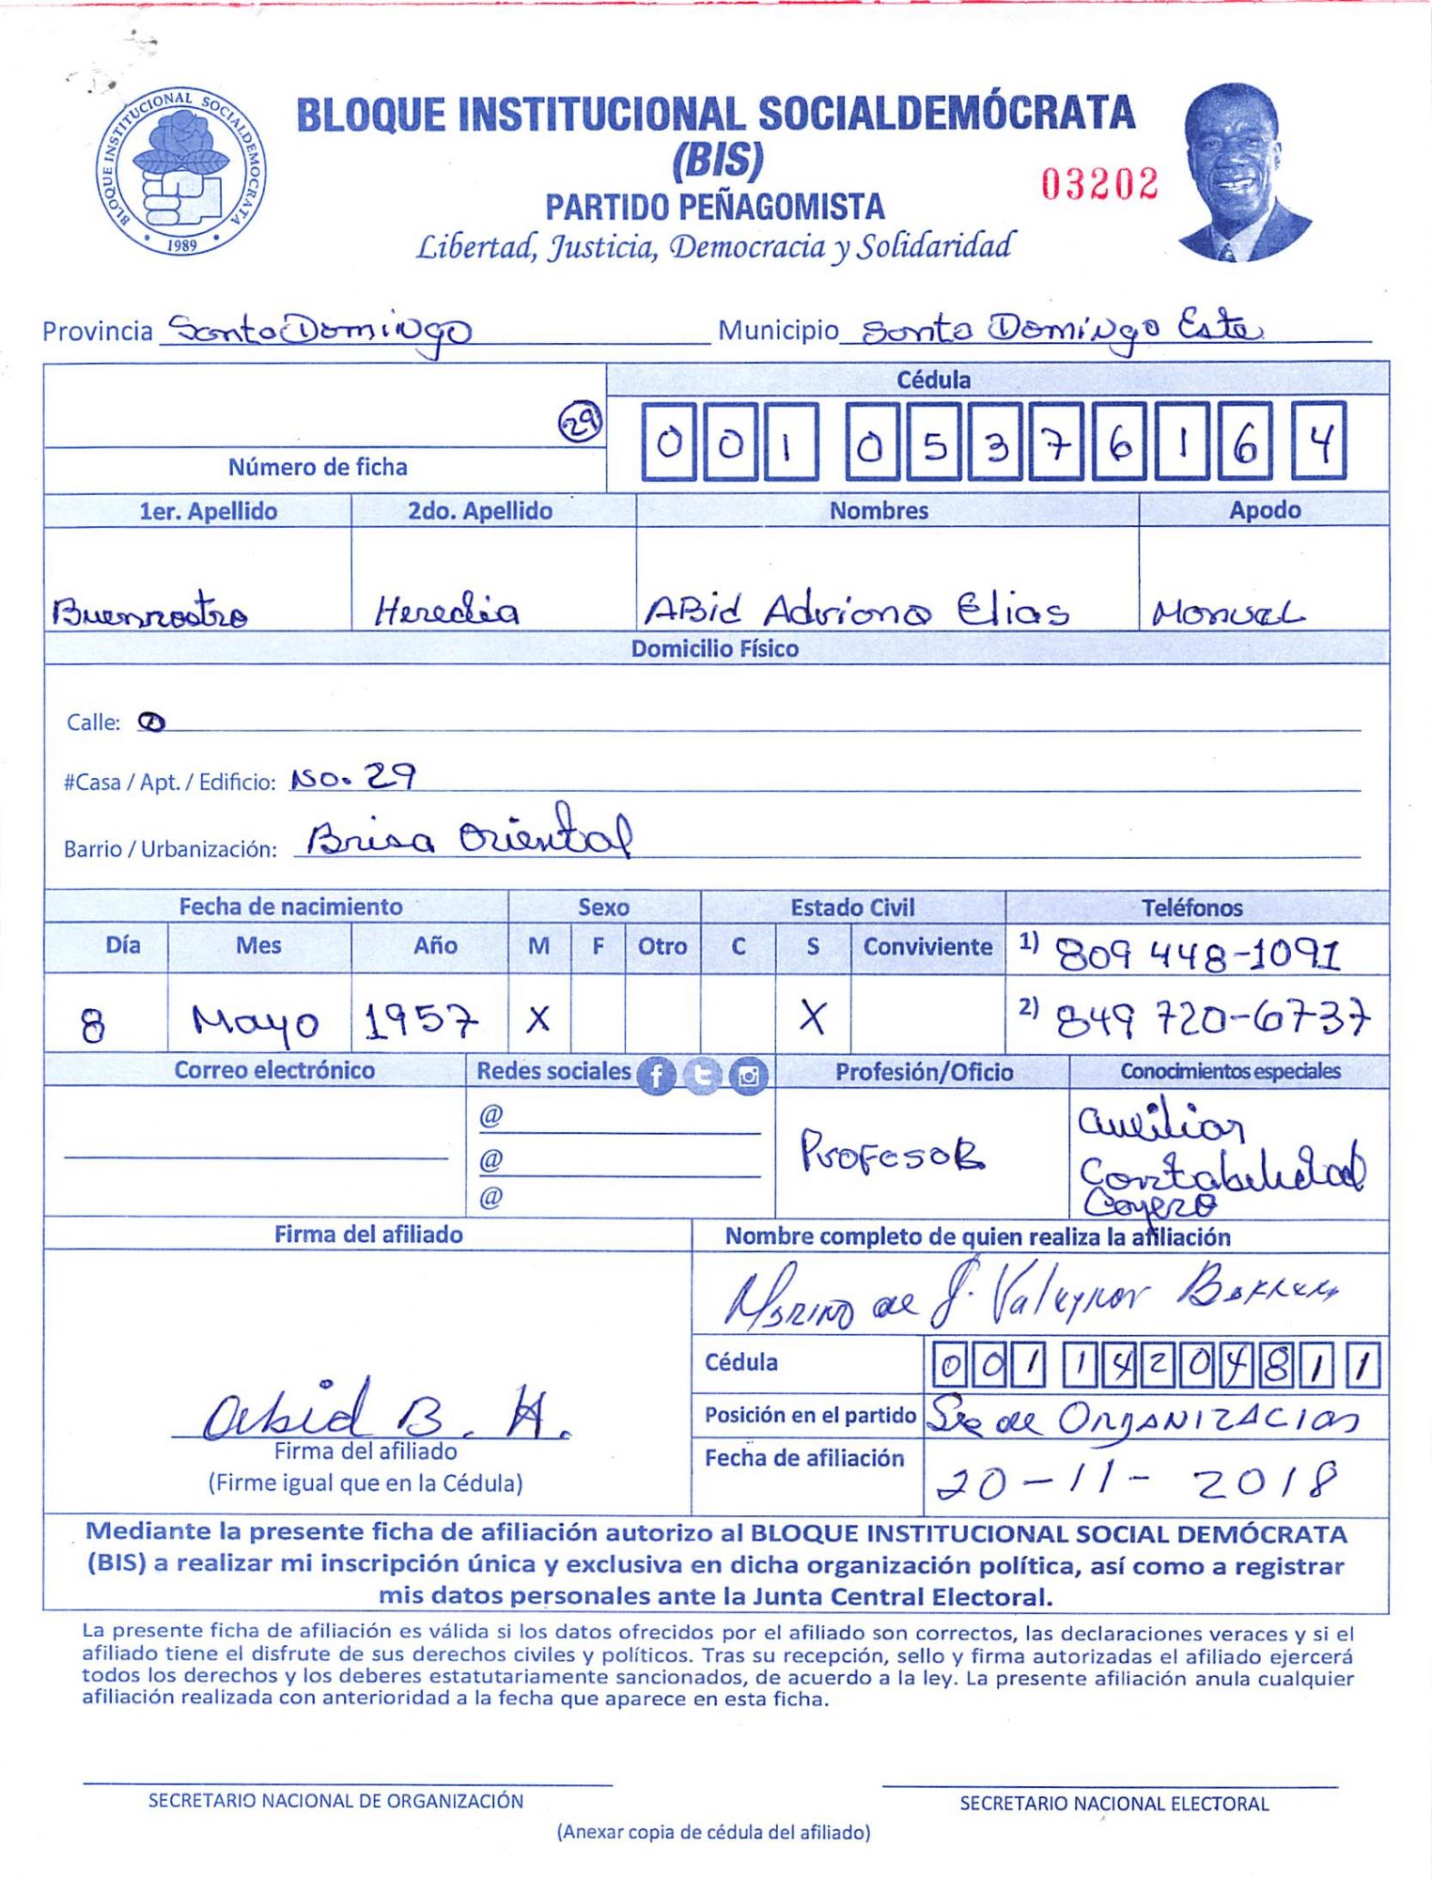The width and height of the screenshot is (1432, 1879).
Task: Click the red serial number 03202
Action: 1099,184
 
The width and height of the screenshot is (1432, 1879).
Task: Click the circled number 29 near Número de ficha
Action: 580,423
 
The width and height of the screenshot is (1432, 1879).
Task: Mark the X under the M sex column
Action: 538,1018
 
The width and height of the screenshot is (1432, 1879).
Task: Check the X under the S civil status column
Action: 813,1017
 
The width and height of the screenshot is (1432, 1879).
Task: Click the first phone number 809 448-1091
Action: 1199,955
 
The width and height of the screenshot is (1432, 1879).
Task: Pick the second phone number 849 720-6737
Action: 1212,1017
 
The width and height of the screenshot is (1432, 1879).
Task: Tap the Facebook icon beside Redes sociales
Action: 656,1076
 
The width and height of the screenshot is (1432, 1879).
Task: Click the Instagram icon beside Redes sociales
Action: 749,1076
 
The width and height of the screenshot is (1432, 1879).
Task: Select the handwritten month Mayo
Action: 255,1021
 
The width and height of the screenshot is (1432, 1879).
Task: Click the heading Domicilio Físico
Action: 714,649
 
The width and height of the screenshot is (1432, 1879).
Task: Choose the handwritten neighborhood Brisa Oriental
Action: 468,833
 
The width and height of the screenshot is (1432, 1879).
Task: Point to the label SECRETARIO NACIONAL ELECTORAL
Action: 1113,1803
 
